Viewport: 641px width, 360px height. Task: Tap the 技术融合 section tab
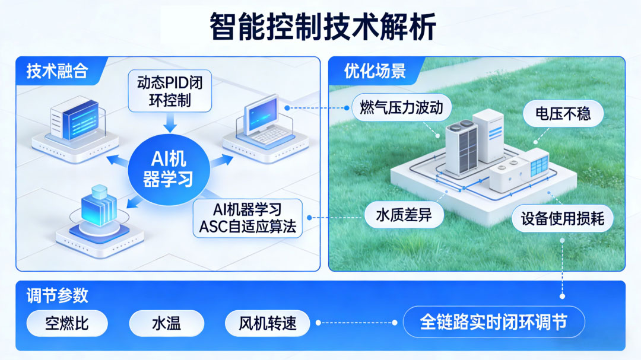pos(57,71)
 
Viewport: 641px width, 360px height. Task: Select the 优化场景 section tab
pos(375,71)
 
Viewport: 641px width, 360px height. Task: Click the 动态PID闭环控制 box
pos(170,91)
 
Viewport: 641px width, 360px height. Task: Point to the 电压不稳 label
pos(563,113)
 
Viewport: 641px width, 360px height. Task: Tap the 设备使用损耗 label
pos(563,219)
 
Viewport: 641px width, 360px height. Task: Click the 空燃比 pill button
pos(67,323)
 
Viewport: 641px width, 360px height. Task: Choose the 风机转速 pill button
pos(267,323)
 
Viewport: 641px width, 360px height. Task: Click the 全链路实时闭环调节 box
pos(494,322)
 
